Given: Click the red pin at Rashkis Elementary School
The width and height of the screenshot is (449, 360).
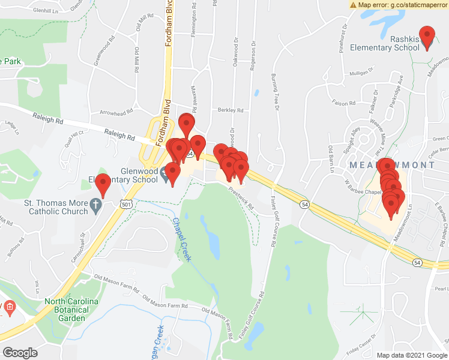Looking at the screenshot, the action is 427,37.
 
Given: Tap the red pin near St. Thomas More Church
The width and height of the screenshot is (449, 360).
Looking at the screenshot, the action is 103,185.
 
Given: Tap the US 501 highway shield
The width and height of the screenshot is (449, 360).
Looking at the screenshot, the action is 125,205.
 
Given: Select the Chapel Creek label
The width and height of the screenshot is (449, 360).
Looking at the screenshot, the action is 181,240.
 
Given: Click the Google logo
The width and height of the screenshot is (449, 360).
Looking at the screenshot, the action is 20,353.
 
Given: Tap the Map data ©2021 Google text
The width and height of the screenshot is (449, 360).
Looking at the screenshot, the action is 411,355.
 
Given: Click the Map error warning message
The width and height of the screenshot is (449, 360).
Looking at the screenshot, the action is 399,4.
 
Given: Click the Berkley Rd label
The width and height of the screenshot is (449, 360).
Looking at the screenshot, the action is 231,110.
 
